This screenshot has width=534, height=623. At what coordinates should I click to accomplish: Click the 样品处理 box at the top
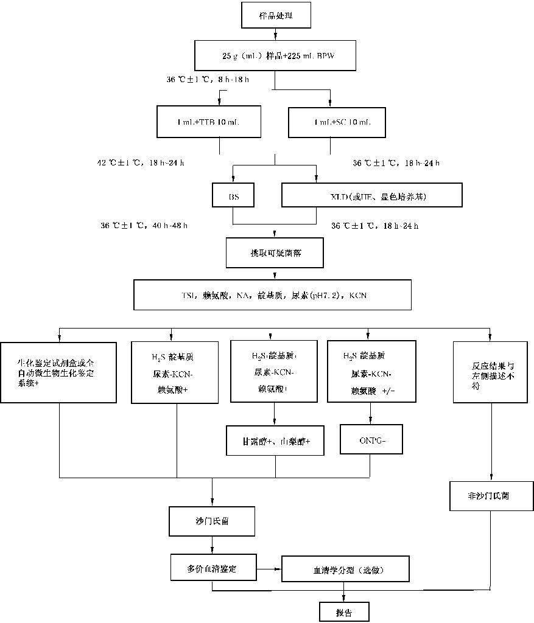click(x=276, y=16)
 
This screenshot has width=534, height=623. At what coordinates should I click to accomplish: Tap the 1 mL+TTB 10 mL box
click(x=219, y=122)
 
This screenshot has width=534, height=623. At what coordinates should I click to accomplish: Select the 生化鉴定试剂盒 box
click(x=58, y=372)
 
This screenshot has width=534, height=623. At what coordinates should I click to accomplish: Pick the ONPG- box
click(x=370, y=439)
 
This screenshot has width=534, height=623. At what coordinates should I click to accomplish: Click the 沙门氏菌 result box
click(x=212, y=521)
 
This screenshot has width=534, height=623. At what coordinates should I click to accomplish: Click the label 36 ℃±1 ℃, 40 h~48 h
click(x=144, y=225)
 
